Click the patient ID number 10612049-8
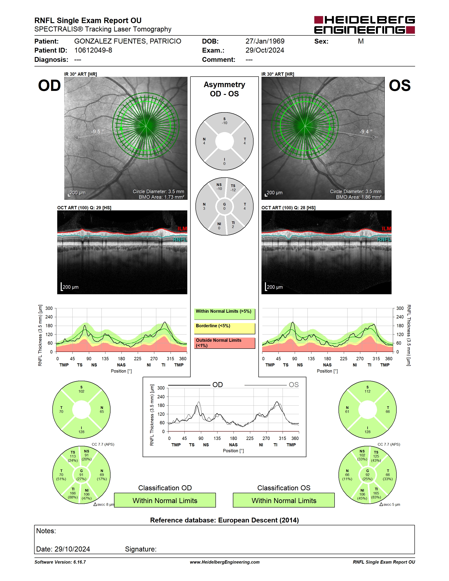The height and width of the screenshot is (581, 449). click(93, 50)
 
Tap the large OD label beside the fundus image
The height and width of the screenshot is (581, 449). click(50, 86)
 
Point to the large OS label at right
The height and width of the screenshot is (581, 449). click(399, 86)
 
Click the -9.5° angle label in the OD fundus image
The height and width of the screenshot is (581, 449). click(97, 132)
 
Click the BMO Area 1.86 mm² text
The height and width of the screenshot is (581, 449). click(358, 197)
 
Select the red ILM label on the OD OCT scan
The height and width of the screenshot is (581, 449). click(182, 228)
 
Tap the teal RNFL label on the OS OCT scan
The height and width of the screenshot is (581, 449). click(384, 240)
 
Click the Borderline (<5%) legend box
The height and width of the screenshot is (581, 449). click(224, 328)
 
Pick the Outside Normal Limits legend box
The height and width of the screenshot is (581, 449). click(224, 343)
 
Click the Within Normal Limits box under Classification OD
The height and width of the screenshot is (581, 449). click(165, 500)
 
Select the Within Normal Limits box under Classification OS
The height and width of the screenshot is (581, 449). click(284, 500)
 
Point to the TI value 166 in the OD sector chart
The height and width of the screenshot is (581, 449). click(73, 493)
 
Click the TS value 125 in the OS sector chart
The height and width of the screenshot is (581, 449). click(376, 456)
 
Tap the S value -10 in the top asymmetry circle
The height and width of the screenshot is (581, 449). click(224, 123)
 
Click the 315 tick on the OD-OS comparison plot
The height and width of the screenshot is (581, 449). click(282, 438)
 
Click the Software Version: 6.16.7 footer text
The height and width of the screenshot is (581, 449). click(60, 562)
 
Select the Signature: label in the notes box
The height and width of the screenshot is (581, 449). click(141, 549)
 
